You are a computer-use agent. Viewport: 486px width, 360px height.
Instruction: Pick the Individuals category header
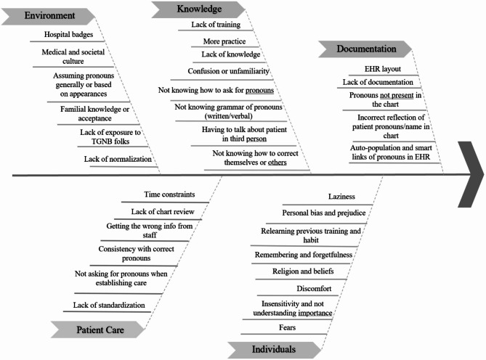(274, 349)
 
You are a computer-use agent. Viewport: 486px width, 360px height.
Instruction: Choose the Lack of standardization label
(109, 304)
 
